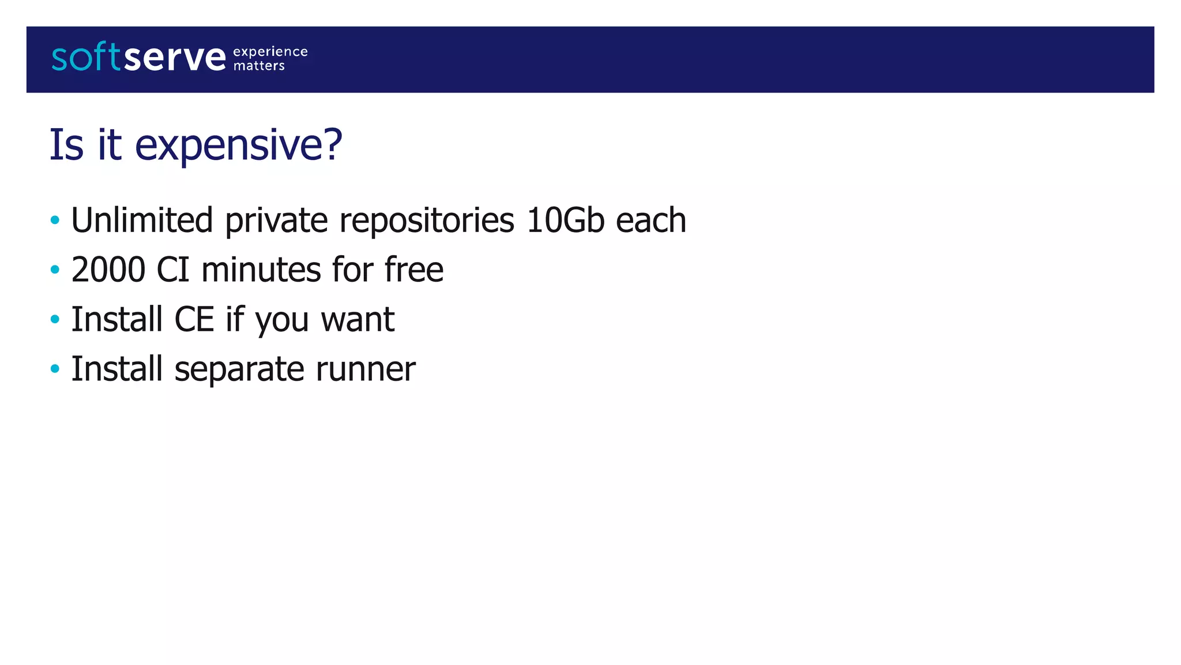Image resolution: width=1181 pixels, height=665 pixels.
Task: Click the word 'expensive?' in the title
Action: pyautogui.click(x=239, y=145)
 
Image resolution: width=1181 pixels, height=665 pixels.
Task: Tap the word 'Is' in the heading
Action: pyautogui.click(x=66, y=144)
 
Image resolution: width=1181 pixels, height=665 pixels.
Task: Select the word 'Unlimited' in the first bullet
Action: pyautogui.click(x=142, y=221)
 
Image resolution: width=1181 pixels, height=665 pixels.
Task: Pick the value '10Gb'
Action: pyautogui.click(x=565, y=221)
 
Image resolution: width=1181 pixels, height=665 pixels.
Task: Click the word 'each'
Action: pyautogui.click(x=651, y=221)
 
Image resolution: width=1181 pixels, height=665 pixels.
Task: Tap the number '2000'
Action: pyautogui.click(x=108, y=270)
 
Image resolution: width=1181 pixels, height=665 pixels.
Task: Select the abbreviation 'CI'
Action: pyautogui.click(x=173, y=270)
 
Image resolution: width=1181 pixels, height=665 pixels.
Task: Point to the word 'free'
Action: pyautogui.click(x=413, y=270)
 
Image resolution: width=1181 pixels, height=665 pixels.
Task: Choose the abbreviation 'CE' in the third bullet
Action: pyautogui.click(x=194, y=320)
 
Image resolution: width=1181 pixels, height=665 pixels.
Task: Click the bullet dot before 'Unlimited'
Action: pyautogui.click(x=55, y=220)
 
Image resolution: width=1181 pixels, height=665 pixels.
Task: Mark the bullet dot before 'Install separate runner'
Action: pyautogui.click(x=55, y=369)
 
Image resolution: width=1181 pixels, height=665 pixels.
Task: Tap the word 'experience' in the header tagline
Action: pyautogui.click(x=270, y=52)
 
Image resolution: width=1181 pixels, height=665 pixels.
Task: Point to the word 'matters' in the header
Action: pyautogui.click(x=259, y=66)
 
